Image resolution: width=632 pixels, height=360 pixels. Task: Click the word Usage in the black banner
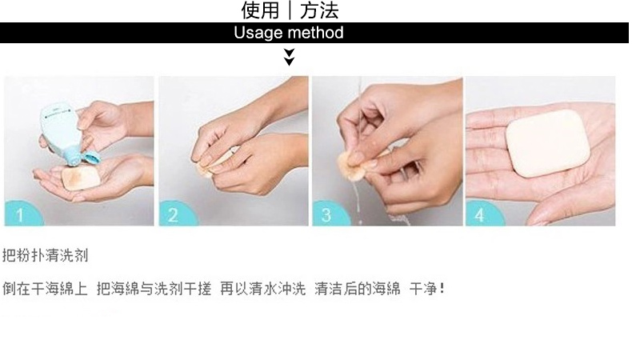tap(254, 33)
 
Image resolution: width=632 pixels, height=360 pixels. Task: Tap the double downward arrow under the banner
tap(289, 57)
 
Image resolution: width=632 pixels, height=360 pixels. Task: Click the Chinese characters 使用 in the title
tap(260, 10)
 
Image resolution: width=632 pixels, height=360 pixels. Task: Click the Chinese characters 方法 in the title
tap(319, 10)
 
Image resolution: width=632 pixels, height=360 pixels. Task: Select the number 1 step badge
tap(20, 215)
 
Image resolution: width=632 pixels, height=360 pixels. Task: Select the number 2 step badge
tap(174, 215)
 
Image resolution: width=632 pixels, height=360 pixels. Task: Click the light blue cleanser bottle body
tap(60, 128)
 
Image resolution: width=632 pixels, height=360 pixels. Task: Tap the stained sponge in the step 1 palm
tap(81, 178)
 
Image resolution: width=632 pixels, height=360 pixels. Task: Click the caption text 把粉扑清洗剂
tap(45, 255)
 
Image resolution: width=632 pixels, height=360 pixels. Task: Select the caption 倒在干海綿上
tap(45, 289)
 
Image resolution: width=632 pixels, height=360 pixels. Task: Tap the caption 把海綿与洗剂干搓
tap(154, 289)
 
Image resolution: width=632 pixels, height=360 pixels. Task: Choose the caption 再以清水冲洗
tap(262, 289)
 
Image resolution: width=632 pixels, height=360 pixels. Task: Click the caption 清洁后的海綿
tap(358, 289)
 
